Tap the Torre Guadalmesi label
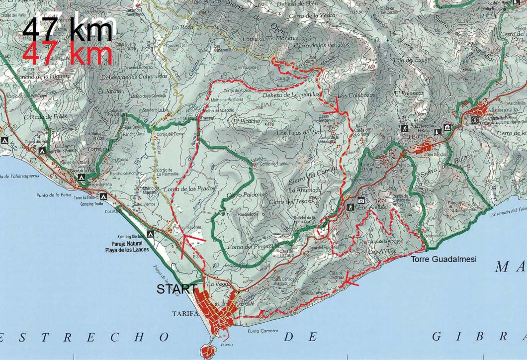[443, 259]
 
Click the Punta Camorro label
[263, 331]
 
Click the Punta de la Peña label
[55, 195]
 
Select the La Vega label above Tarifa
[217, 284]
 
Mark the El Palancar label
[409, 93]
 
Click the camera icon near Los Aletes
[361, 200]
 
